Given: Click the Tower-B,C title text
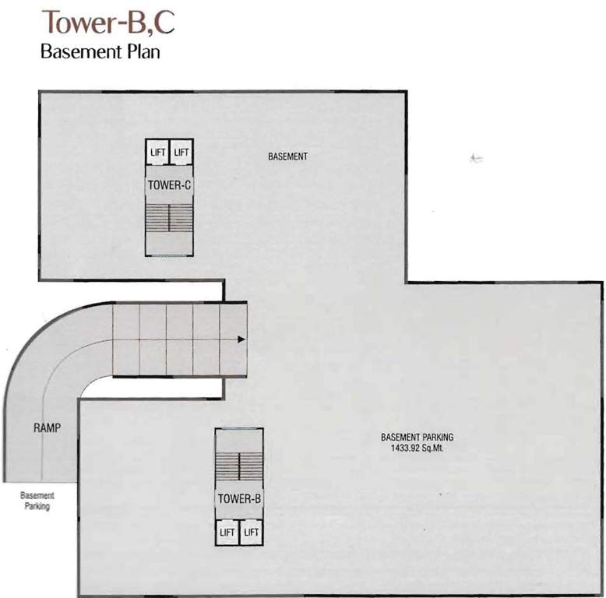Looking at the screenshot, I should coord(108,23).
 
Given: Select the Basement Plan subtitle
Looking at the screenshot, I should coord(100,54).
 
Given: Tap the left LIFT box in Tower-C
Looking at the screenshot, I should coord(157,153).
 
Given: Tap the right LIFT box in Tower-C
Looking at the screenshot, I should coord(181,153).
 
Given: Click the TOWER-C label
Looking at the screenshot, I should coord(169,185).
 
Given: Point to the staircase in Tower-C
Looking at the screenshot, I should coord(169,217).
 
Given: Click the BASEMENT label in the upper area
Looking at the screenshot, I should coord(287,157).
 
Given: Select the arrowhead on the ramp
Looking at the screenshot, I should coord(241,339).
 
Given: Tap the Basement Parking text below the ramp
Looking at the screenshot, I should coord(37,501).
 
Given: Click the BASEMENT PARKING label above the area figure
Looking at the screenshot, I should coord(417,438).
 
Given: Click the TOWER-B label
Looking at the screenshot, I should coord(238,499).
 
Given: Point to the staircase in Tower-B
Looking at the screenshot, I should coord(238,466).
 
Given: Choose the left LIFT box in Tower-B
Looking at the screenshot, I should coord(227,533).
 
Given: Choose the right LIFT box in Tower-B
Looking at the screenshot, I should coord(251,533).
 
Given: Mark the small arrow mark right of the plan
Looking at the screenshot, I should coord(477,158).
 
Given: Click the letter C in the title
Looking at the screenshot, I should coord(164,23).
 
